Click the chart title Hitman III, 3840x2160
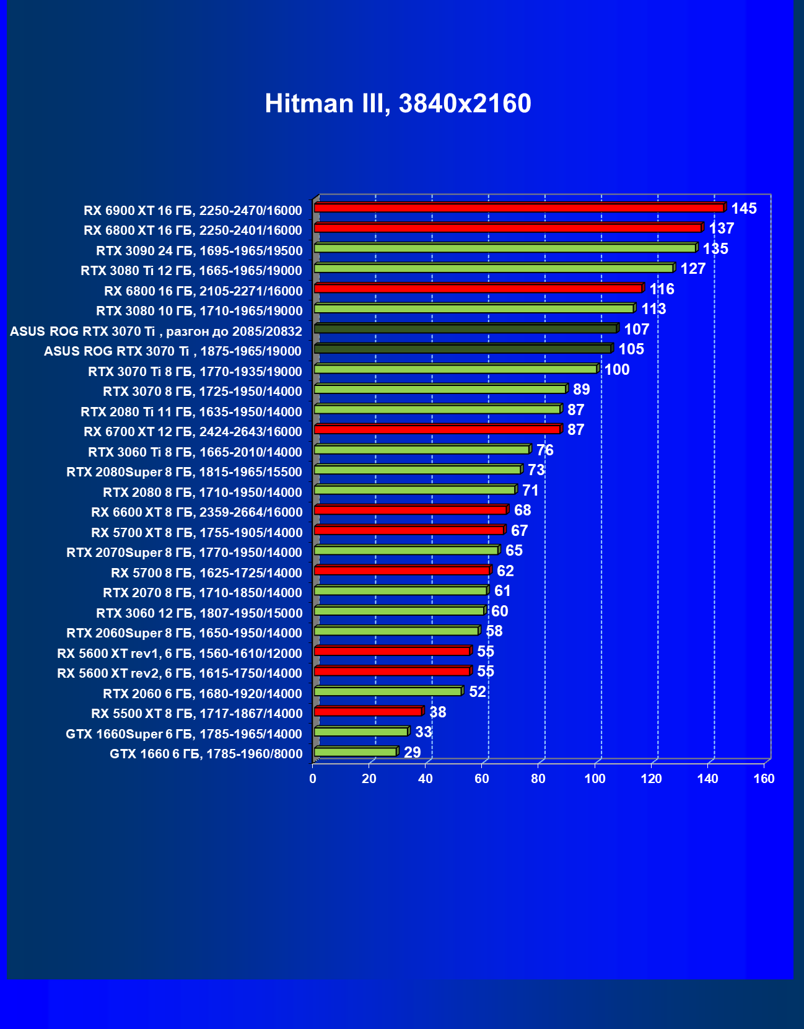(x=398, y=103)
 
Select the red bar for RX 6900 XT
(x=519, y=208)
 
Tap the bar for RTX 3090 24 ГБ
(x=505, y=248)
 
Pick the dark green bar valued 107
(x=466, y=329)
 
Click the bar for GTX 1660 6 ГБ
(x=356, y=752)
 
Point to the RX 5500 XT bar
(x=368, y=712)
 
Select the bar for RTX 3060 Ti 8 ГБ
(x=422, y=450)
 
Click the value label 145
(x=743, y=209)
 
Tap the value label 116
(x=662, y=289)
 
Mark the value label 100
(x=617, y=370)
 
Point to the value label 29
(x=412, y=753)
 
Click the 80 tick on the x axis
(x=538, y=779)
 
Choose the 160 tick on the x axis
(x=764, y=779)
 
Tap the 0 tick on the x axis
(x=313, y=779)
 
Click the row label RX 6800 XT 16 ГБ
(x=193, y=230)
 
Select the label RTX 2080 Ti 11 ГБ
(x=191, y=412)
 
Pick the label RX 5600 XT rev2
(x=179, y=673)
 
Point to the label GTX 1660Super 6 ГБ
(x=183, y=734)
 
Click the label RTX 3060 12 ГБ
(x=199, y=613)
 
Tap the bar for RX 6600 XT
(x=410, y=510)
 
